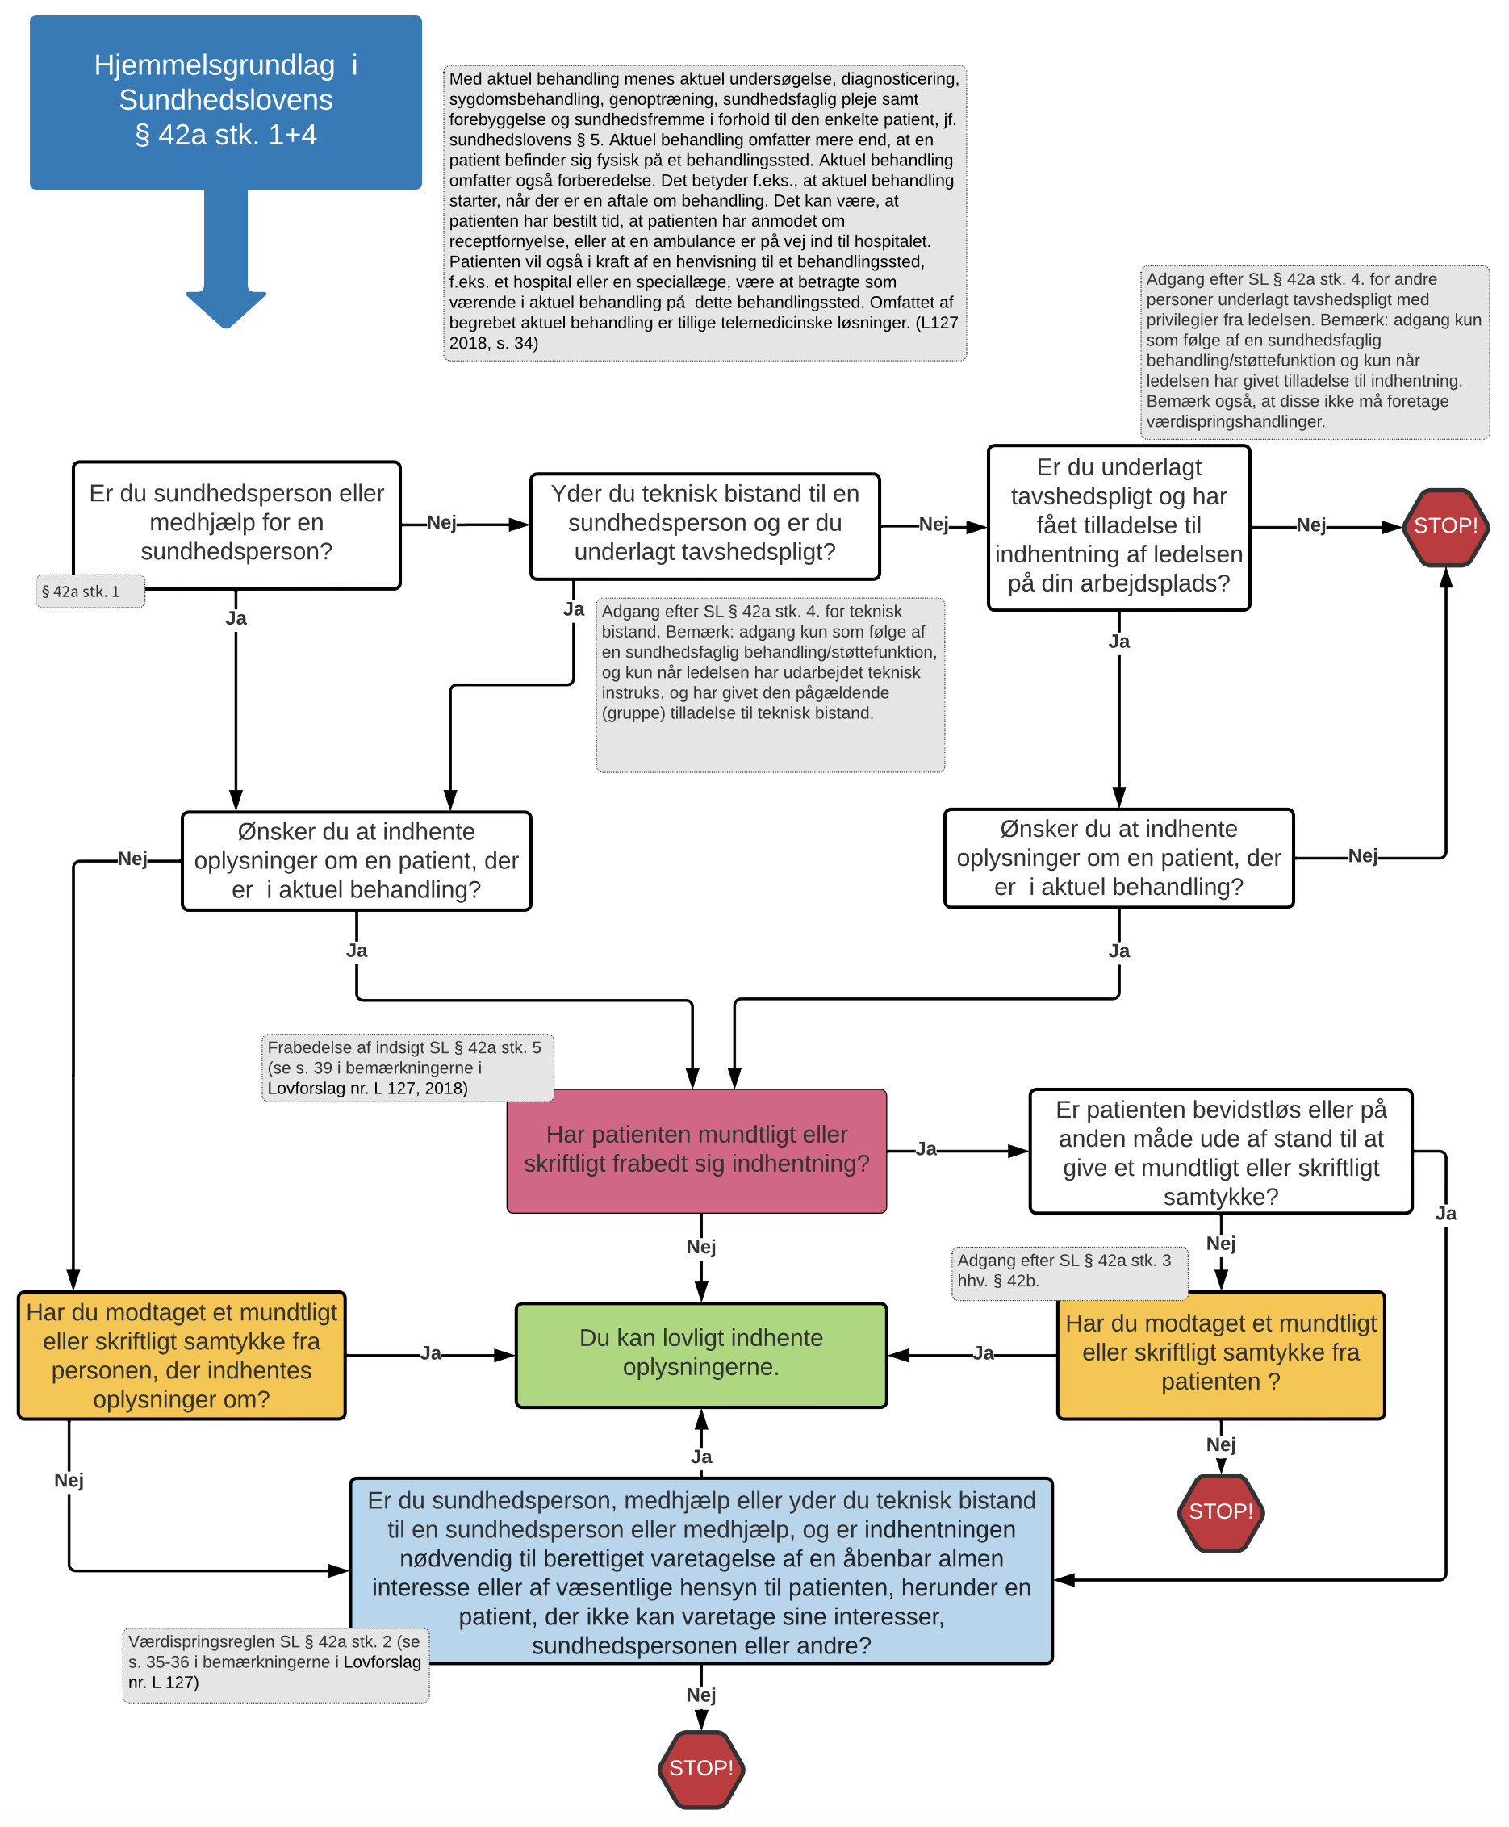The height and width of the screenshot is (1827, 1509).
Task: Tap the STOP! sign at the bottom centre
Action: (x=700, y=1768)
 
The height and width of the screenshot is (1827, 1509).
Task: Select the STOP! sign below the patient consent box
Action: (x=1220, y=1511)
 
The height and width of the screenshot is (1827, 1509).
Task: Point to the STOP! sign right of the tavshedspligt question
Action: (x=1444, y=526)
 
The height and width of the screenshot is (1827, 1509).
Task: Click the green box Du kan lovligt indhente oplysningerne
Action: (x=700, y=1352)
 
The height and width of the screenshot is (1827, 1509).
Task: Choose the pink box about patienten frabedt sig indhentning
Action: (x=696, y=1149)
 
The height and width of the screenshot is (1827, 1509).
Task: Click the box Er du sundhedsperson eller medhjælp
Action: (x=236, y=522)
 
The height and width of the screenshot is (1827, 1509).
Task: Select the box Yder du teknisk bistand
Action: (x=704, y=523)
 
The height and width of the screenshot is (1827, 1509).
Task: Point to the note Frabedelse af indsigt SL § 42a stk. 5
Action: (x=407, y=1068)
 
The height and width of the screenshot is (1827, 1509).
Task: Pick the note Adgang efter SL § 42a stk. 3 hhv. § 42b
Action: (x=1068, y=1271)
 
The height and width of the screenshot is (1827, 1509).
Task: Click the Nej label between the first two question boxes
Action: (x=441, y=522)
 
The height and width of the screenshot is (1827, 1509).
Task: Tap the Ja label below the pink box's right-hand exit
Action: (x=926, y=1149)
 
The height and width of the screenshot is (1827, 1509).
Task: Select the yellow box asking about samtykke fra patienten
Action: (x=1220, y=1353)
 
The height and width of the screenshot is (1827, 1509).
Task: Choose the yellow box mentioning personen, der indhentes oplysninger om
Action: (x=181, y=1354)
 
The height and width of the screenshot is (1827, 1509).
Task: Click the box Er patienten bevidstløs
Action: (x=1220, y=1152)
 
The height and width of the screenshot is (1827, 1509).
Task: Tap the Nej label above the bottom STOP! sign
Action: (x=700, y=1695)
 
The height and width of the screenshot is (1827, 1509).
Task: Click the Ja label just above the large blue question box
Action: (x=700, y=1457)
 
